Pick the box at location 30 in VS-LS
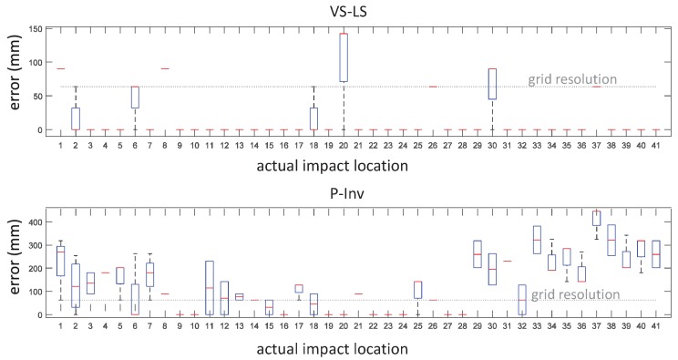click(493, 84)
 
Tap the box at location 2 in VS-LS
click(75, 118)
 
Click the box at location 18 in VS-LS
click(313, 118)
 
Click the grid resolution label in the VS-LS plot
click(572, 80)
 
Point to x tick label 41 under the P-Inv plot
click(657, 324)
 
